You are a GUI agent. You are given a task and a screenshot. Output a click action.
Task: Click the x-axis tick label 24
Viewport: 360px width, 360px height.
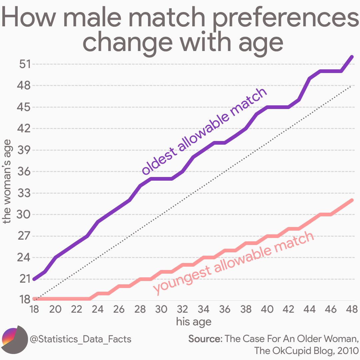click(98, 309)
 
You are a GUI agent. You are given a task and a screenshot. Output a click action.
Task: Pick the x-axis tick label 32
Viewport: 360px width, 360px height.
click(182, 309)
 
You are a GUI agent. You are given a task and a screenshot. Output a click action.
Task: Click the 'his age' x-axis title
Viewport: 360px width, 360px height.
click(193, 321)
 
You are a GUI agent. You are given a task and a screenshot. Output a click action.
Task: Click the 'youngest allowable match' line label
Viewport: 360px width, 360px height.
click(233, 263)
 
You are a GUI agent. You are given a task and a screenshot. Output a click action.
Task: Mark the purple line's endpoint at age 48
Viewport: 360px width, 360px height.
click(351, 57)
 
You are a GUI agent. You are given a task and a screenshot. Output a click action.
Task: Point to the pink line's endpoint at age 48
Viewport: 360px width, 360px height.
click(351, 200)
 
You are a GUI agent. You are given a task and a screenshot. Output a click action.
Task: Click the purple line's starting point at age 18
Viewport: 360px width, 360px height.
click(34, 279)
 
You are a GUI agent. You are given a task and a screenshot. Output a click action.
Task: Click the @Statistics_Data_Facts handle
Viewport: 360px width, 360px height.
click(80, 339)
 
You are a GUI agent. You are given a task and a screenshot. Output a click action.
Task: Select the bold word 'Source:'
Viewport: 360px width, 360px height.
click(205, 339)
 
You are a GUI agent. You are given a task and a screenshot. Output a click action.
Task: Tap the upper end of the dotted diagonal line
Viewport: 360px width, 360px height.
click(351, 86)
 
